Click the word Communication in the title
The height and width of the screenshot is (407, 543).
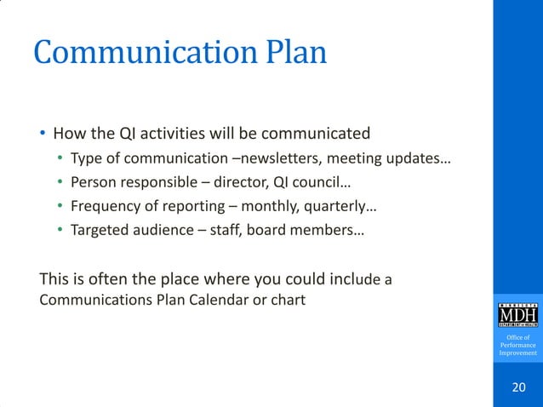[134, 53]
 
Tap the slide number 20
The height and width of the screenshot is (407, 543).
[518, 388]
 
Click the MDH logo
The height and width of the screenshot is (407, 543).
[518, 314]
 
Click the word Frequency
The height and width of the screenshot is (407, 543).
[104, 205]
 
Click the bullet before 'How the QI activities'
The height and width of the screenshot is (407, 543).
[42, 135]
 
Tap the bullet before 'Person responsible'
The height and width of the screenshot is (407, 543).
[60, 182]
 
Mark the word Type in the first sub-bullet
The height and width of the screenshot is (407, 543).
[85, 159]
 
